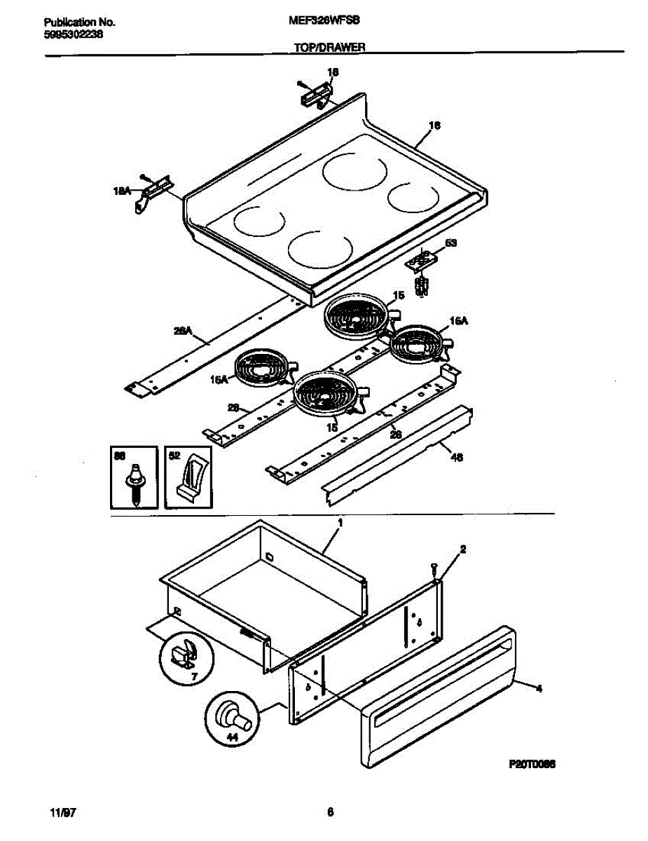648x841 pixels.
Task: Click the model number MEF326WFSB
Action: [324, 22]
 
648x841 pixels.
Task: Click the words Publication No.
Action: [75, 22]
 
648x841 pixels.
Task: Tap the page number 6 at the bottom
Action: [329, 813]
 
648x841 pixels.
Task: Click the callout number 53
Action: [451, 243]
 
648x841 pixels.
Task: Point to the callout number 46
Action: [457, 458]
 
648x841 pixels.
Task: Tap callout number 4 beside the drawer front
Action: [539, 689]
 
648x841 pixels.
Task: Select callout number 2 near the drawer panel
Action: [462, 550]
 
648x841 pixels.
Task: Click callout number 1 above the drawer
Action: [340, 523]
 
